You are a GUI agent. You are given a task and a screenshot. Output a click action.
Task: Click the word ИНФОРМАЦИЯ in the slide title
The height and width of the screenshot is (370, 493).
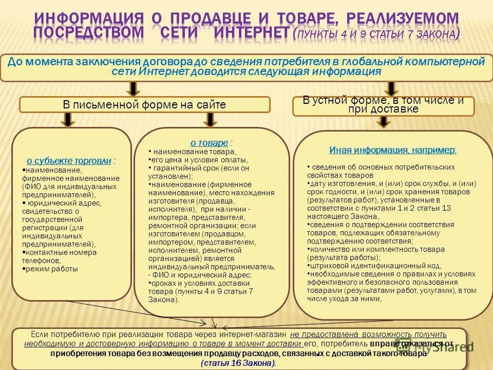point(88,18)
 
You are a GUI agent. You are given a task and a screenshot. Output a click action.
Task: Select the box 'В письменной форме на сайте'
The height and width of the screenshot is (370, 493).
point(144,105)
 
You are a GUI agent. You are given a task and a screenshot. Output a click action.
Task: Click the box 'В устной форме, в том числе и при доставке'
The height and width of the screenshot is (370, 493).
point(383,105)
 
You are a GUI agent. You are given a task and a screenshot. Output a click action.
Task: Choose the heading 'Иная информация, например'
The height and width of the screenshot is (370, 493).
point(392,151)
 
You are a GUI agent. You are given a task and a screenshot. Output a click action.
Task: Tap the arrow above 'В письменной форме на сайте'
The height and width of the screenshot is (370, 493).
point(132,88)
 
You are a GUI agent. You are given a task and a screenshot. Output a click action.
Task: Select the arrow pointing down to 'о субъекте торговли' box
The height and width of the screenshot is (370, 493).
point(69,120)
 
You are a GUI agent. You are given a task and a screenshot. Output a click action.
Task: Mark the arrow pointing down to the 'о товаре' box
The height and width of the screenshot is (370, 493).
point(209,120)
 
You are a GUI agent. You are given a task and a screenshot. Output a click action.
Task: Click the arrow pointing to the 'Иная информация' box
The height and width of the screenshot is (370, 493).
point(383,122)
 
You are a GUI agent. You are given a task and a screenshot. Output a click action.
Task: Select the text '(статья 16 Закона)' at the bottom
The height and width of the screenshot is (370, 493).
point(238,363)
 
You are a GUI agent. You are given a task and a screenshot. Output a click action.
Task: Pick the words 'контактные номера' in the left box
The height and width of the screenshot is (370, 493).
point(61,252)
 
